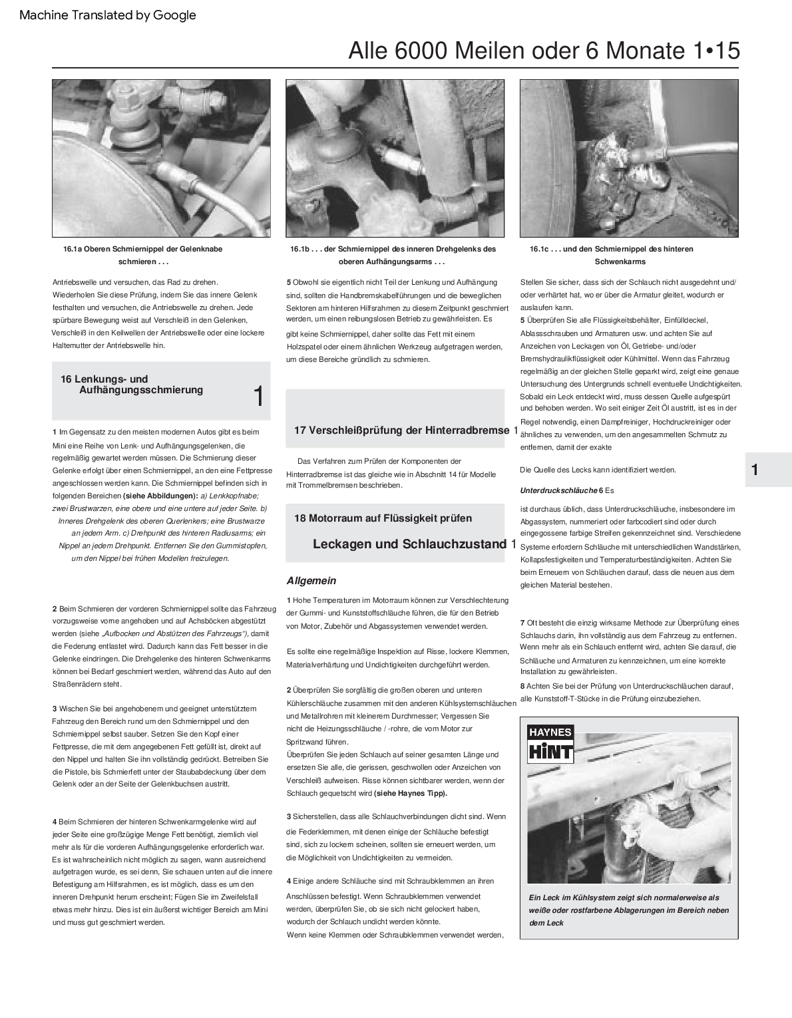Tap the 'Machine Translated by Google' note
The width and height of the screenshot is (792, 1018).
point(108,15)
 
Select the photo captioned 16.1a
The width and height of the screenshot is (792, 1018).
point(162,158)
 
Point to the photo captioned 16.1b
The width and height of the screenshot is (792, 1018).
point(395,158)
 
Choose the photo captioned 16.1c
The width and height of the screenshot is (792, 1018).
point(629,158)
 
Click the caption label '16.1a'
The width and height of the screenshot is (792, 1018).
point(73,249)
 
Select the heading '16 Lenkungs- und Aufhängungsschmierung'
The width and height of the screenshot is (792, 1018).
point(133,385)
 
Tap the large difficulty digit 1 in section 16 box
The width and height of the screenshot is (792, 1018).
point(259,397)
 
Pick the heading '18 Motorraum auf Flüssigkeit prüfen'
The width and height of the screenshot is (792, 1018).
point(383,518)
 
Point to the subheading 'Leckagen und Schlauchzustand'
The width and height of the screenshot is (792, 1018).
point(409,544)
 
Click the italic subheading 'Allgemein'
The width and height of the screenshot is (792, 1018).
point(311,581)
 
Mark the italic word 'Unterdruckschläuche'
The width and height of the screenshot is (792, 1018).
point(558,490)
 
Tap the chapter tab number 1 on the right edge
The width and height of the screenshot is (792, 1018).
point(755,470)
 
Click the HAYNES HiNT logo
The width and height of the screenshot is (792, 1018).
point(550,744)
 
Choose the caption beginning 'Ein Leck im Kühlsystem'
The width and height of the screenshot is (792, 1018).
point(628,910)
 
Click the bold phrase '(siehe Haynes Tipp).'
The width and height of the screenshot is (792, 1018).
point(411,793)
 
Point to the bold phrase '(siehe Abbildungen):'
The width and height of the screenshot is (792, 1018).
point(160,496)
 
